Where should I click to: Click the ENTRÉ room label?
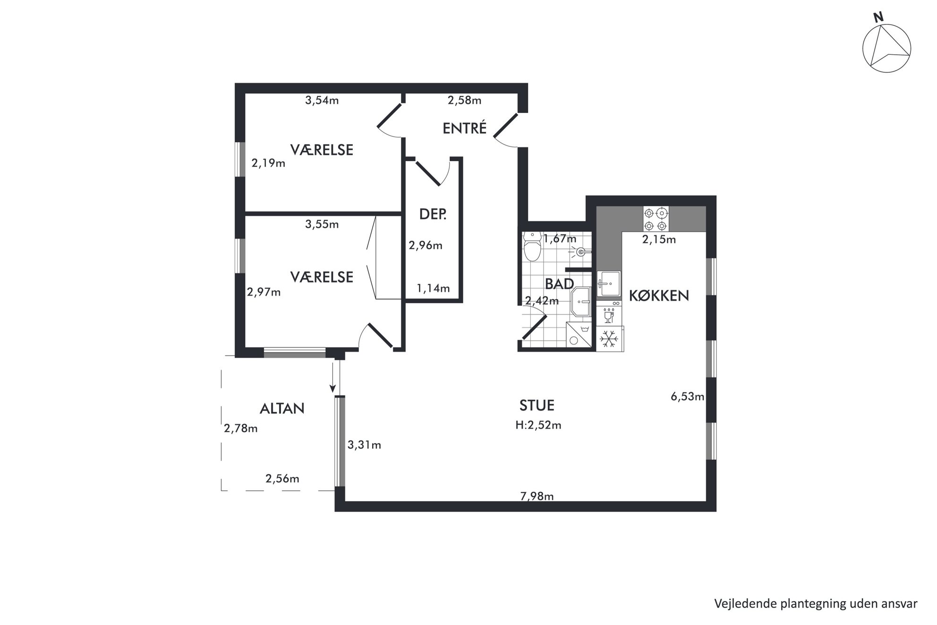tap(464, 128)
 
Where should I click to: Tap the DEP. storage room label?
tap(433, 214)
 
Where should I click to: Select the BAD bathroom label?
tap(559, 283)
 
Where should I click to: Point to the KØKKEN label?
tap(659, 296)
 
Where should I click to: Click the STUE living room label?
tap(537, 405)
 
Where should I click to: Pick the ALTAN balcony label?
tap(282, 408)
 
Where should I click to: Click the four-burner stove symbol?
tap(656, 219)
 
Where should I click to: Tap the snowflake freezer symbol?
tap(609, 339)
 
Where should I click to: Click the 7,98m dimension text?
tap(537, 496)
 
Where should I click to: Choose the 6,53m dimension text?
tap(687, 397)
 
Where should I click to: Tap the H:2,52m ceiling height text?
tap(538, 425)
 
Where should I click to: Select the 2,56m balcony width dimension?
tap(282, 479)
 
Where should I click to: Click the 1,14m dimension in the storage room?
tap(433, 288)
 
